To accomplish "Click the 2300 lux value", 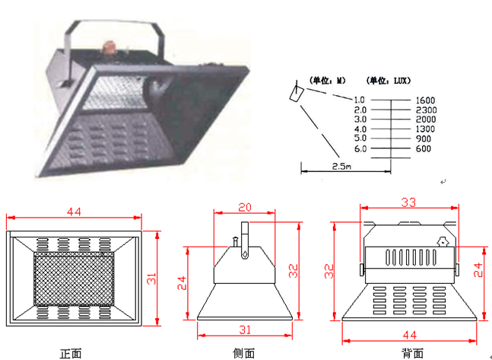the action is (426, 110).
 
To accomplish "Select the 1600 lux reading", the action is (426, 100).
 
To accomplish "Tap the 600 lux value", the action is (424, 148).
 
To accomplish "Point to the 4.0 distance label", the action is (360, 129).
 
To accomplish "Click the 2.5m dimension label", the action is (341, 166).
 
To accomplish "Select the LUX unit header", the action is (389, 81).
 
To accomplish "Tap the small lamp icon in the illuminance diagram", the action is (297, 93).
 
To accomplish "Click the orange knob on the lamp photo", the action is (109, 46).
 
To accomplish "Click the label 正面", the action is (71, 354).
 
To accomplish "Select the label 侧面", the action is (244, 354).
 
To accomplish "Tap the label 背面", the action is (413, 354).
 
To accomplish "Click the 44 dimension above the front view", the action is (74, 212).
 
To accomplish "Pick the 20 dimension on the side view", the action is (245, 208).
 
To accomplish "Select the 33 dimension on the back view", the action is (408, 202).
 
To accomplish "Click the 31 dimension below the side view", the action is (245, 330).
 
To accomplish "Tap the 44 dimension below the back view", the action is (409, 336).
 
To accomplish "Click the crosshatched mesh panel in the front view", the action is (74, 279).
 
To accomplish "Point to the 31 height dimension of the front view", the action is (151, 279).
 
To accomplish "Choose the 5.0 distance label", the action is (360, 139).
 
